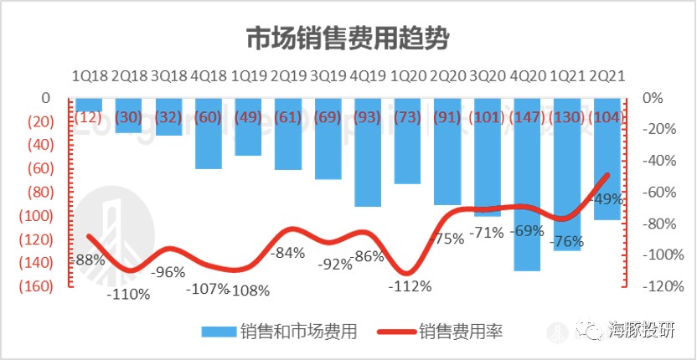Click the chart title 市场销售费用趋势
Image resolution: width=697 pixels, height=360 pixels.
pos(348,39)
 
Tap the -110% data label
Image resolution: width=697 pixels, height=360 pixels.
pos(127,294)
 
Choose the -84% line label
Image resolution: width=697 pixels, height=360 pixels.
pos(288,253)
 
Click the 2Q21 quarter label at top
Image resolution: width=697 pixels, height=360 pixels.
pos(607,75)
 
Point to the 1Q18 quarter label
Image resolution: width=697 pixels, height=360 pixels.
pos(88,75)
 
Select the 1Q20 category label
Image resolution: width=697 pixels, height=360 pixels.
pos(407,75)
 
